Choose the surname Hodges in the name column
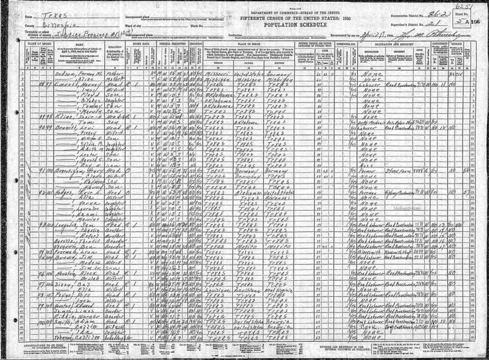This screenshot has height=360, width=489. [x=52, y=191]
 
